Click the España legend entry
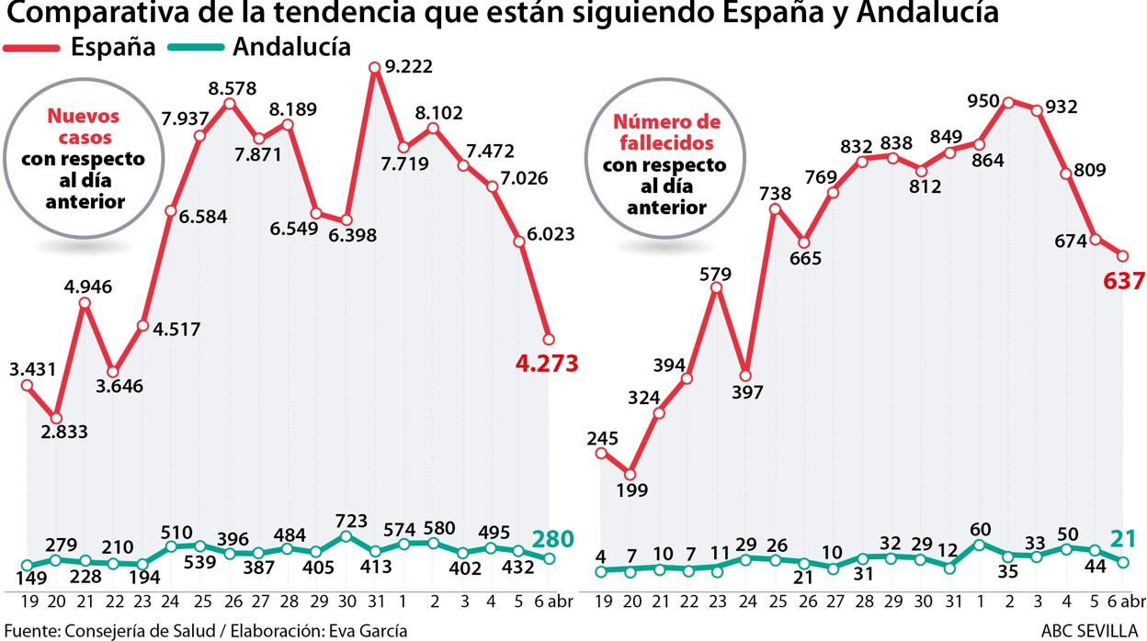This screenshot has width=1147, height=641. click(113, 47)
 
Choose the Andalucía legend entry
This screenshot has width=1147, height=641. click(291, 47)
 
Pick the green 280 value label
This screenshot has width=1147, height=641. click(553, 538)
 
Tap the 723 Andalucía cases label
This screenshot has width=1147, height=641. click(346, 520)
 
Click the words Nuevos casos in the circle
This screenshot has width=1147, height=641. click(83, 127)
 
